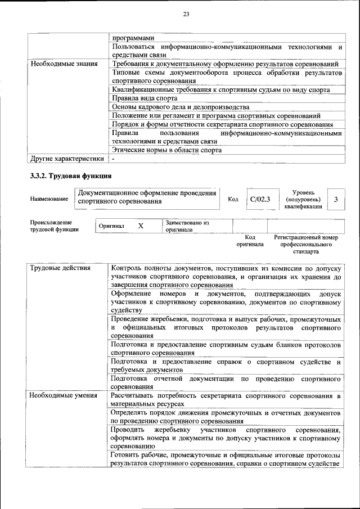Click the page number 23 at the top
(x=186, y=15)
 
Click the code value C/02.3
(x=260, y=199)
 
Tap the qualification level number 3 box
(x=336, y=199)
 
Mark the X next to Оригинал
(x=141, y=226)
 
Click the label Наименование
(x=50, y=199)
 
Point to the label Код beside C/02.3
(x=233, y=199)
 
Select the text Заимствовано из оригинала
(x=187, y=226)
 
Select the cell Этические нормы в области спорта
(x=166, y=150)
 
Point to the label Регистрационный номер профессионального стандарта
(x=306, y=245)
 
